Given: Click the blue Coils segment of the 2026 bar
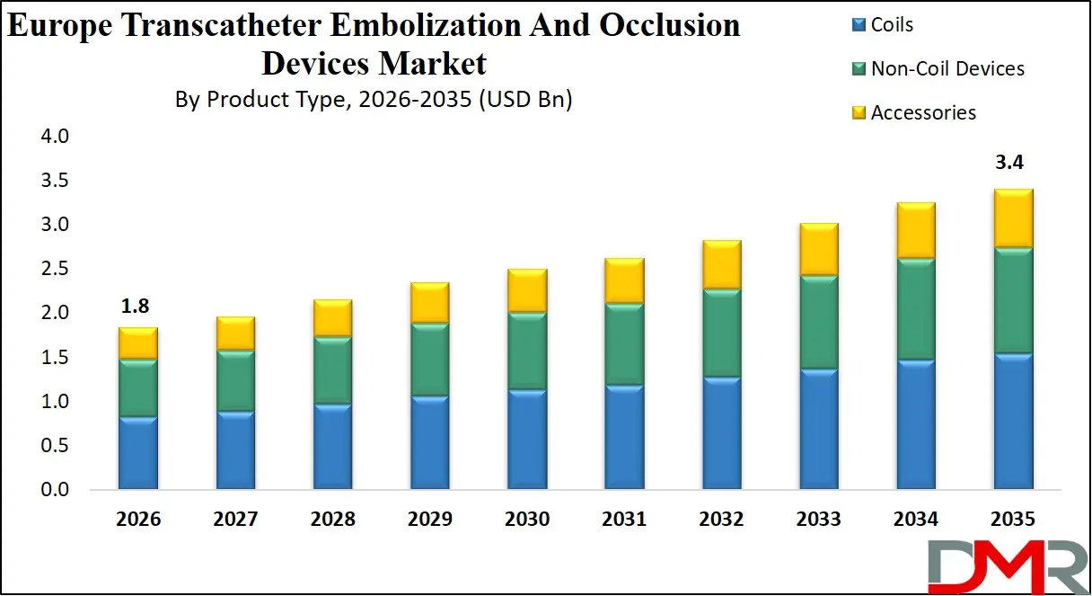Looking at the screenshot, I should [137, 453].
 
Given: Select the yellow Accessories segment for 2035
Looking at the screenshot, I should [1013, 218].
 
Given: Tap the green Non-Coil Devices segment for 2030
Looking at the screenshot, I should [526, 351].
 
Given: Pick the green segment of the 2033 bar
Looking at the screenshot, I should [818, 322].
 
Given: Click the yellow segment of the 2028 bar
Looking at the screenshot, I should [332, 318].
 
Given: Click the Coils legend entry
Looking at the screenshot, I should [892, 24].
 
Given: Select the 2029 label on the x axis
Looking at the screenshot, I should [429, 520].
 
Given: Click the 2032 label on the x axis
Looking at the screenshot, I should [721, 520].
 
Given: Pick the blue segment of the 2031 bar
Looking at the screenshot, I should [624, 437].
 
